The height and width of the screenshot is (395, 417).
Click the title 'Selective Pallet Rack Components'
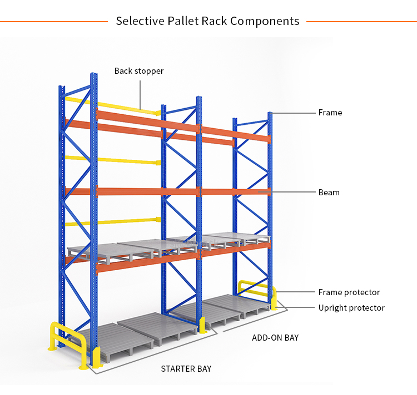(207, 21)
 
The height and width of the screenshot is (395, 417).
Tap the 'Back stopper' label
(139, 71)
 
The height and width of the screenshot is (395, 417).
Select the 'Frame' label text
(330, 113)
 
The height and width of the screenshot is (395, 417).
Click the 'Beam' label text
(329, 193)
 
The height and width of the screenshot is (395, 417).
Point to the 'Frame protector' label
(349, 292)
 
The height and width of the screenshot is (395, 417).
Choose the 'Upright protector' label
(351, 308)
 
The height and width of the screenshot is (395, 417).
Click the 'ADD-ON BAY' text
(275, 337)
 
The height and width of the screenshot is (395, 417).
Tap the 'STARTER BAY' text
(186, 369)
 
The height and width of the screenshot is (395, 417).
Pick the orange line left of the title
(53, 22)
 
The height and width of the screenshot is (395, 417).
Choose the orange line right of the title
(361, 22)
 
